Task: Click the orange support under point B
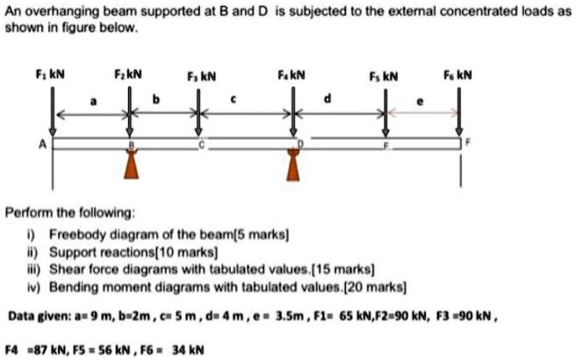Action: (x=131, y=163)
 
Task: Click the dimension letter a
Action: (x=91, y=102)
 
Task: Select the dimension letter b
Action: (x=157, y=102)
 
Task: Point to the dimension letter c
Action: (x=233, y=102)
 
